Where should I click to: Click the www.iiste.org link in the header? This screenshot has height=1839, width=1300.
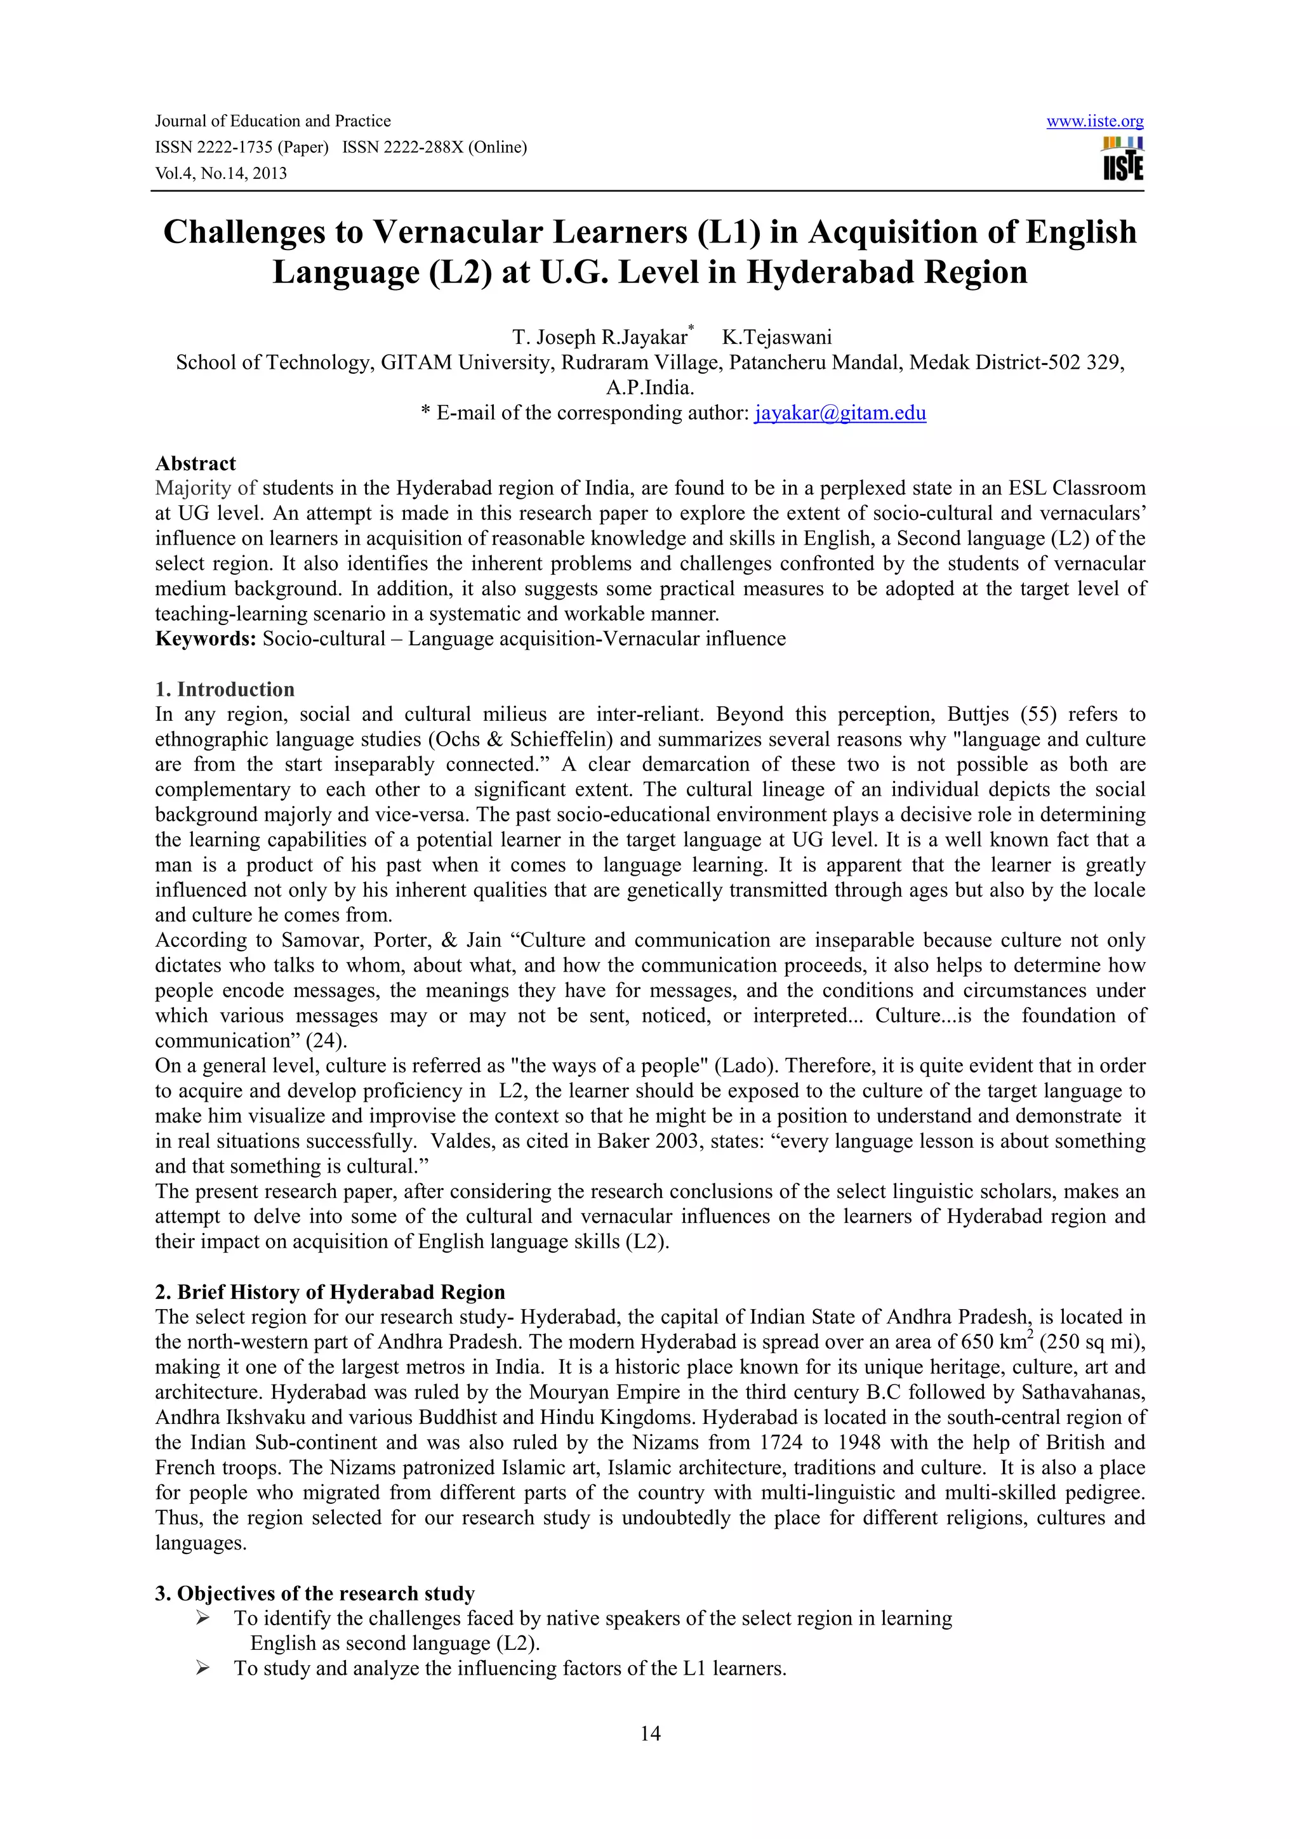1094,122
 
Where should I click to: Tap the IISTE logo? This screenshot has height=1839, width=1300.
1123,159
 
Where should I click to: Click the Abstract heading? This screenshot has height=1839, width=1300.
196,464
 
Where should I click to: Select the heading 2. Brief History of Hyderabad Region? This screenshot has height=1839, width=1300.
330,1292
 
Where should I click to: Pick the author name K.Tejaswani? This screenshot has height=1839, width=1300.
776,337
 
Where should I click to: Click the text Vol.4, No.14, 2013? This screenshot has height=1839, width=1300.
220,174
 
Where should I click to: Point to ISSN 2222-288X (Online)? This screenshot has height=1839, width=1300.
434,147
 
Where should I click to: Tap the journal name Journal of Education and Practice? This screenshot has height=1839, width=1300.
272,122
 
